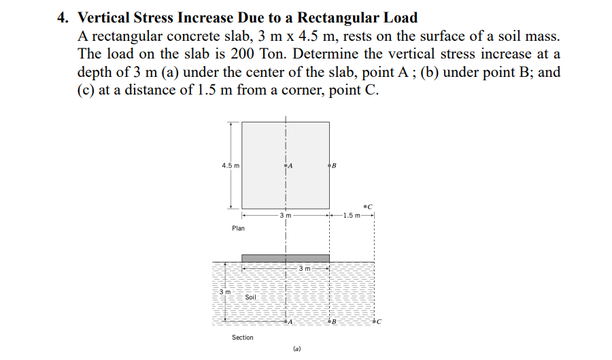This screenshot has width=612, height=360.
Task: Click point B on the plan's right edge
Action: tap(330, 165)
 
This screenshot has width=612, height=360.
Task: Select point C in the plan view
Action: tap(366, 204)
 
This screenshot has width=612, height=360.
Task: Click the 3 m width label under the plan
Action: tap(285, 215)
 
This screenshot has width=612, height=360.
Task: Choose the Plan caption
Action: tap(238, 229)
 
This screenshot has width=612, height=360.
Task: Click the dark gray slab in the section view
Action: tap(286, 258)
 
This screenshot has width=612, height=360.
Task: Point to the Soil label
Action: tap(250, 297)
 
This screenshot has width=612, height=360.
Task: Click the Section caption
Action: tap(242, 338)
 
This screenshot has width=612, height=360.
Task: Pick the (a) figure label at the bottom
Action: tap(296, 349)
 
